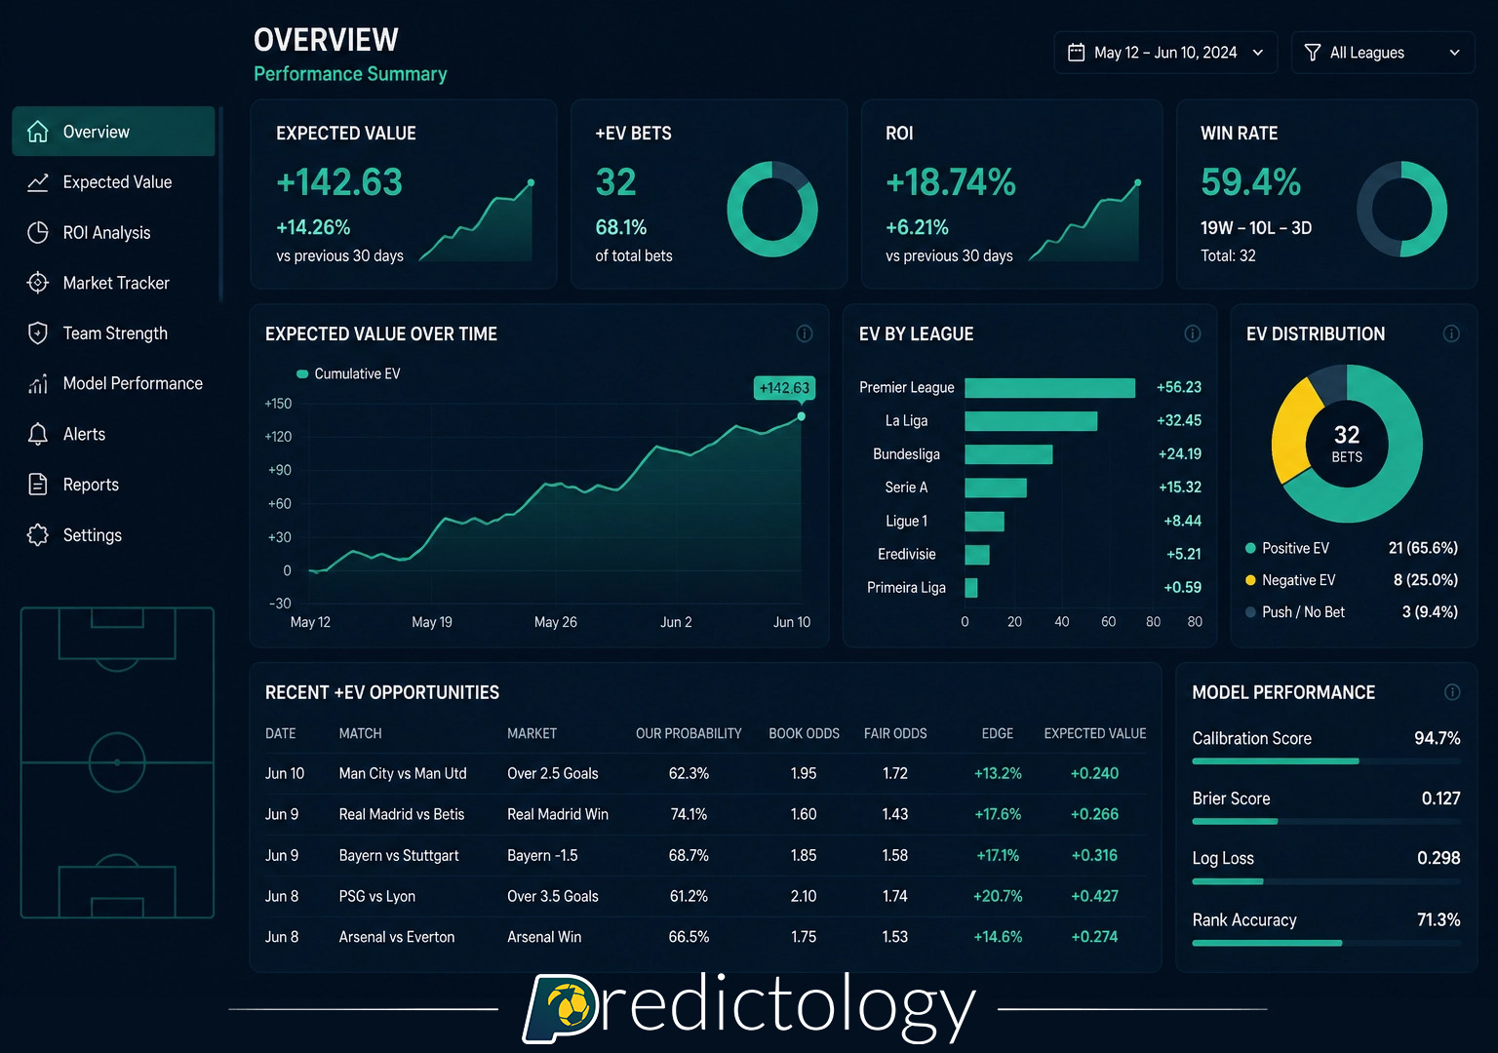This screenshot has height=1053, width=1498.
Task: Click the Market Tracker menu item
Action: (115, 283)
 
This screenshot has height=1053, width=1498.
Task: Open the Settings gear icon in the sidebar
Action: (38, 535)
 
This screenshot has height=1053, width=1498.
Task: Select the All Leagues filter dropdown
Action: (1382, 53)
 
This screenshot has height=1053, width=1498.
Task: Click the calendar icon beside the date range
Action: (1076, 53)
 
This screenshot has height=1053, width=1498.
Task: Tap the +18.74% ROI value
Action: (950, 182)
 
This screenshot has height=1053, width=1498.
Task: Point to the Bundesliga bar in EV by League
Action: (1007, 454)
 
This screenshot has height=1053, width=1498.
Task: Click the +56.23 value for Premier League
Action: (1178, 387)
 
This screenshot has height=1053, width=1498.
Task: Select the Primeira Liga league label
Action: (906, 587)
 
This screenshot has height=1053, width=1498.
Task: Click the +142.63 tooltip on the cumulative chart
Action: (784, 388)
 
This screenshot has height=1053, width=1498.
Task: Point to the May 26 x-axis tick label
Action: (555, 622)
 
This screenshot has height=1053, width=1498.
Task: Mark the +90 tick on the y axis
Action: (279, 470)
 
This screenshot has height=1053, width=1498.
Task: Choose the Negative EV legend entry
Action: (1298, 580)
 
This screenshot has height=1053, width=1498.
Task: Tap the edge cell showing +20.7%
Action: (998, 896)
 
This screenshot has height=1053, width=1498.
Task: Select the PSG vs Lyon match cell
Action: (376, 896)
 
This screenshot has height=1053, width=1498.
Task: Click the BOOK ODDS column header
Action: (804, 733)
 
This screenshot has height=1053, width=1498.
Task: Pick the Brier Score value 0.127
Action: (1440, 799)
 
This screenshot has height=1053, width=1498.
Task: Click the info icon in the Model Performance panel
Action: (1451, 692)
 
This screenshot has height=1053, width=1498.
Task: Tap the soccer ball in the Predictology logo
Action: (570, 1005)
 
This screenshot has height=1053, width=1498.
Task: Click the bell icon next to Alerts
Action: (38, 434)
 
